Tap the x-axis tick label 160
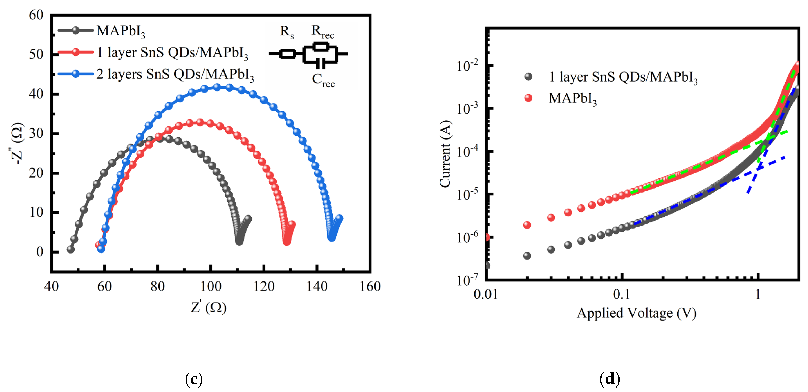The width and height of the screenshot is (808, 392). pos(370,286)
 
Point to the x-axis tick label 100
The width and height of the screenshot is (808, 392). pos(211,286)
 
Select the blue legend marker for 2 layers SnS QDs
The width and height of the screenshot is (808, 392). pos(76,74)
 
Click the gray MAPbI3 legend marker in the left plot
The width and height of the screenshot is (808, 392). pos(76,30)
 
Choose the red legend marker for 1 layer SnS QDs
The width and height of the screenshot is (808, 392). pos(76,52)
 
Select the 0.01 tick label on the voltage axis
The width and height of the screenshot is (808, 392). pos(486,295)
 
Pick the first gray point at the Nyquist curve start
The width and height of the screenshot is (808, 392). pos(70,249)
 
